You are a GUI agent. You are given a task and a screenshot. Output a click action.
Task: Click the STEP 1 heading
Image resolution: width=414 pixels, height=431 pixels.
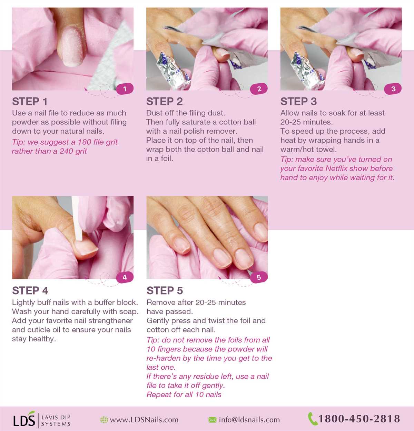point(30,102)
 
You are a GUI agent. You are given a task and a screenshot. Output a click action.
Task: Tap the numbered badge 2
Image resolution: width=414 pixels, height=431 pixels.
point(259,89)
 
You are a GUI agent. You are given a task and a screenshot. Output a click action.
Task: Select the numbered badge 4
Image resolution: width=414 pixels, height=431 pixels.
point(125,277)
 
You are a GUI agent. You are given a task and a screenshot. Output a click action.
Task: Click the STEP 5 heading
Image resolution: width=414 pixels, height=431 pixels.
point(165,291)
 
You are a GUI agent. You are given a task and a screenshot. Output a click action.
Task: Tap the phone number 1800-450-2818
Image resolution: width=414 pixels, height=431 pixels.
point(359,419)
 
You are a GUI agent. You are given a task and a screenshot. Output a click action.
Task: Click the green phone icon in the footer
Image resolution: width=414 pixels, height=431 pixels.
point(312,419)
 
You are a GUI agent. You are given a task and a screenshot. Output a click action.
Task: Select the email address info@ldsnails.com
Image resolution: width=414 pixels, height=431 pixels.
point(249,420)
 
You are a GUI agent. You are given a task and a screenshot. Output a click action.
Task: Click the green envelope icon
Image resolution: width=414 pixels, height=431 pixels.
point(213,420)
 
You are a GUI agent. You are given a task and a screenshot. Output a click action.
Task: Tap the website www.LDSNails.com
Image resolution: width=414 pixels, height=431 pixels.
point(144,420)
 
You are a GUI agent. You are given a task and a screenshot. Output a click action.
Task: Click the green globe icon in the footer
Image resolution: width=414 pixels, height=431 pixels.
point(104,420)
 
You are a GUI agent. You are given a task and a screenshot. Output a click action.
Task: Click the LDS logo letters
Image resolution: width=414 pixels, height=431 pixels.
point(24,420)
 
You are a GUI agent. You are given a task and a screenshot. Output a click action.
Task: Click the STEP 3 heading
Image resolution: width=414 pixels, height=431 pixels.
point(298,102)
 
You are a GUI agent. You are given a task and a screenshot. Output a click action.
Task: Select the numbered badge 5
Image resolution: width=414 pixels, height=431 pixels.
point(259,277)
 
